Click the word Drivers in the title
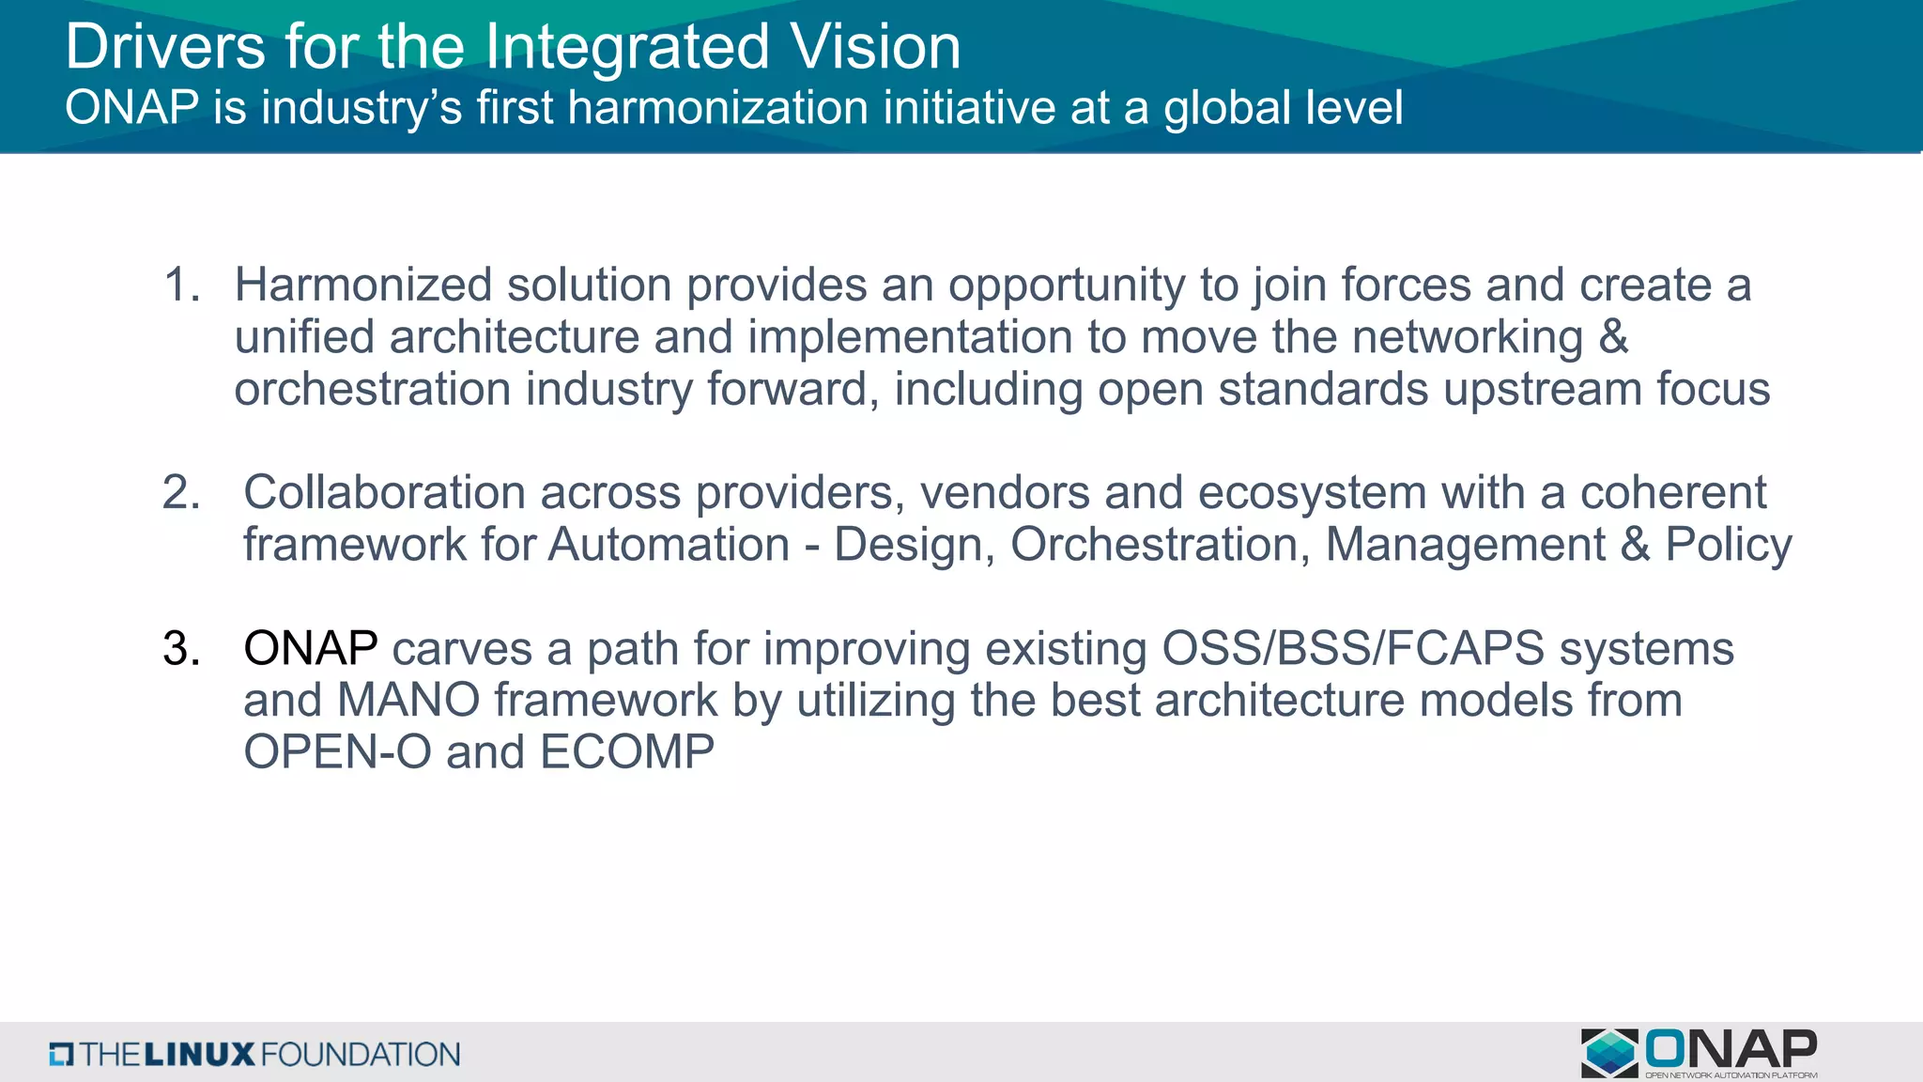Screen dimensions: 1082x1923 tap(165, 47)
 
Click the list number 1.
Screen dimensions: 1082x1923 tap(181, 285)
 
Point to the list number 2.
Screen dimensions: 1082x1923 tap(181, 492)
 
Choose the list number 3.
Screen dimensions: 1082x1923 tap(181, 648)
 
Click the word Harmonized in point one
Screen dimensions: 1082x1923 tap(362, 285)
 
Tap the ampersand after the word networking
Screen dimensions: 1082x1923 tap(1613, 336)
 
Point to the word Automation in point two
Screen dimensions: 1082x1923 tap(669, 545)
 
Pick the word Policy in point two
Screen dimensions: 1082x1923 tap(1729, 545)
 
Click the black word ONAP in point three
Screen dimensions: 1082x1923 tap(311, 648)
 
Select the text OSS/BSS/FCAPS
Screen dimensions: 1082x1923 tap(1353, 648)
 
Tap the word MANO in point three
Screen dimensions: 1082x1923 tap(408, 700)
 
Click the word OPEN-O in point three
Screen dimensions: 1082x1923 tap(337, 751)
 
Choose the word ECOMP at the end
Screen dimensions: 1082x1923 tap(627, 751)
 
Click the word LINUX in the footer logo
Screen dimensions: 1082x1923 tap(199, 1054)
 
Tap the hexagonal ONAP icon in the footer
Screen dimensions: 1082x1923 tap(1609, 1053)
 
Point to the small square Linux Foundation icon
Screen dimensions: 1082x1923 tap(61, 1054)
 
